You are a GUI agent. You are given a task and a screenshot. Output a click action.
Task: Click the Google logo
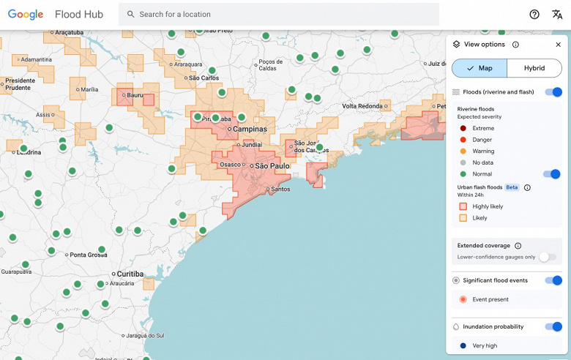26,15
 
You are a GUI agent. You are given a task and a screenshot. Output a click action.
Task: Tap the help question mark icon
534,15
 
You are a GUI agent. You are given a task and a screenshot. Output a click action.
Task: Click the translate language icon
557,15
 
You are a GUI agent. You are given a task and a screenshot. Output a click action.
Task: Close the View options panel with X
558,45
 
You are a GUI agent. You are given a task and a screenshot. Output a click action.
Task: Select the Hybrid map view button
534,68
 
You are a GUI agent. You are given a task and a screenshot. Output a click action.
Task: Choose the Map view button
479,68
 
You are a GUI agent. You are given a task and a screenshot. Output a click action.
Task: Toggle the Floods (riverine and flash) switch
553,92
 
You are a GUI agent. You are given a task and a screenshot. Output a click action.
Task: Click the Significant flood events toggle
553,280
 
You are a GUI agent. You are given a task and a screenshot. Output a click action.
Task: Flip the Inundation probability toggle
553,326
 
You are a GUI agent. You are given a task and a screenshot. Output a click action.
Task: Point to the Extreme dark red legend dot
463,128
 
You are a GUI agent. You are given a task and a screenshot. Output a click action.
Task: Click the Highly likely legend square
463,206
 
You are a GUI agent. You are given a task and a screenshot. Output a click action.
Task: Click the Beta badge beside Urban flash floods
512,187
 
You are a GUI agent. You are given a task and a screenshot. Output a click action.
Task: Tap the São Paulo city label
271,166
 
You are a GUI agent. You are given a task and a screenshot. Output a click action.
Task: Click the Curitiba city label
130,274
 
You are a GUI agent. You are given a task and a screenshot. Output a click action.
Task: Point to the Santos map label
280,190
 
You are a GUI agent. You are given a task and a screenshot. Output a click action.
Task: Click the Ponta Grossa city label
88,255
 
